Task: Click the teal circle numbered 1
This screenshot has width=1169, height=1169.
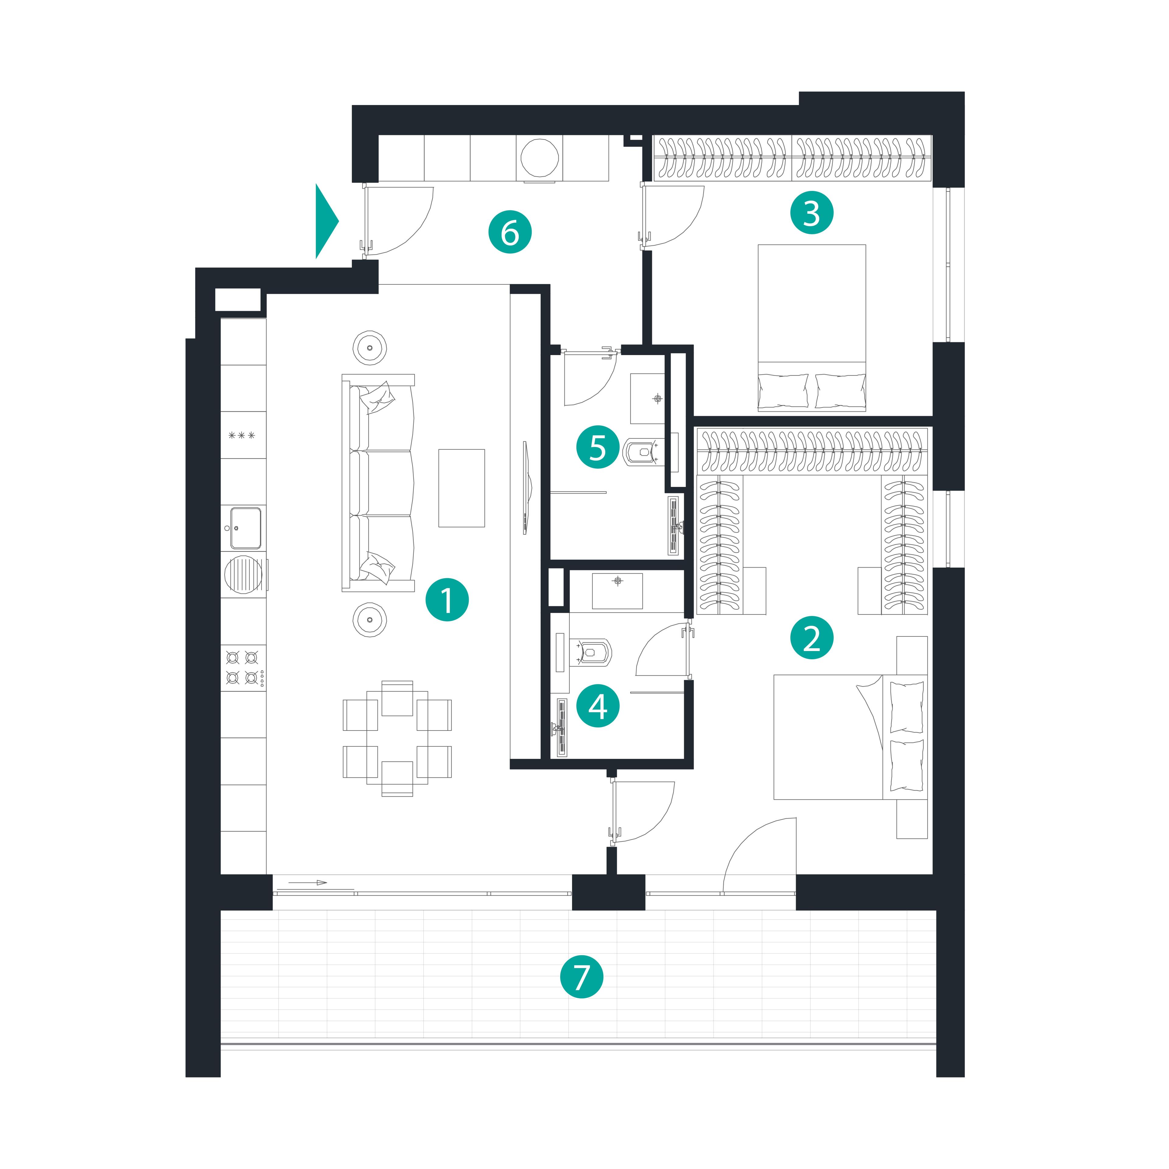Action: pyautogui.click(x=447, y=600)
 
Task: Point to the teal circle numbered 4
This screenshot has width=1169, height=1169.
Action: pyautogui.click(x=598, y=705)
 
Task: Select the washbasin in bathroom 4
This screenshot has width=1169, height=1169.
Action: pyautogui.click(x=617, y=590)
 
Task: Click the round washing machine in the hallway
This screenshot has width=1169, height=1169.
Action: pyautogui.click(x=540, y=158)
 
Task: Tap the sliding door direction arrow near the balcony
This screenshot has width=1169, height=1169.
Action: pyautogui.click(x=307, y=883)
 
